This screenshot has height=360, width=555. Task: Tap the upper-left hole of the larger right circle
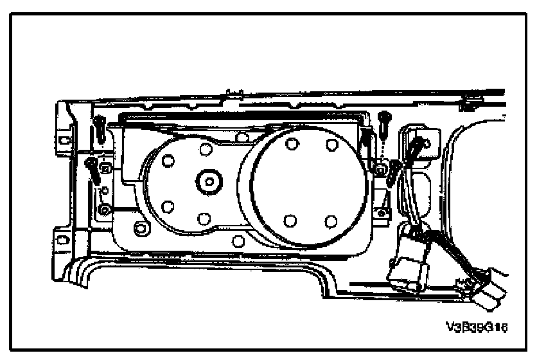[x=291, y=143]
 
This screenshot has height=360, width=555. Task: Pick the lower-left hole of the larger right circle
[x=290, y=221]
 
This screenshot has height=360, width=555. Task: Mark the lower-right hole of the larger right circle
[x=331, y=221]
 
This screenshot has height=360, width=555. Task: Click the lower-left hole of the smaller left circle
[x=168, y=207]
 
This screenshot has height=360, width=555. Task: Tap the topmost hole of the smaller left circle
[x=206, y=149]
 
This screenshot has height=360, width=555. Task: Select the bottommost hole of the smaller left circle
[x=204, y=219]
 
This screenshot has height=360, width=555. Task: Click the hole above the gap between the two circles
[x=242, y=137]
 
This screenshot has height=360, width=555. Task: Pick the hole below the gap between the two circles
[x=239, y=241]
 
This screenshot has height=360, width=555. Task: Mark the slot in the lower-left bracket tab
[x=62, y=239]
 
